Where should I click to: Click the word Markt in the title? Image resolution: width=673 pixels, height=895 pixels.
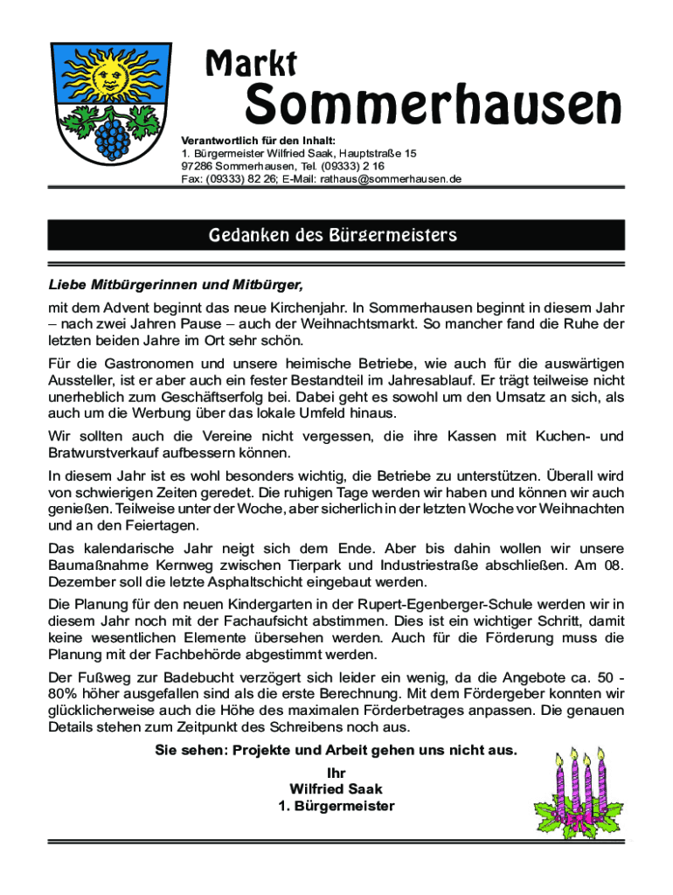pyautogui.click(x=251, y=63)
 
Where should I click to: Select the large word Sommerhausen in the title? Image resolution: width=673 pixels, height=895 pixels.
pyautogui.click(x=433, y=107)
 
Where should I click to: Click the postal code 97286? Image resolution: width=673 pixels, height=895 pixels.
pyautogui.click(x=198, y=166)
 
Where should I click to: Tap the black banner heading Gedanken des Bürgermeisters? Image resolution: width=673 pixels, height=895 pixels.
pyautogui.click(x=336, y=235)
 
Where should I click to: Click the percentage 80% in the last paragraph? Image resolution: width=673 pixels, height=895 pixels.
pyautogui.click(x=62, y=695)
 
